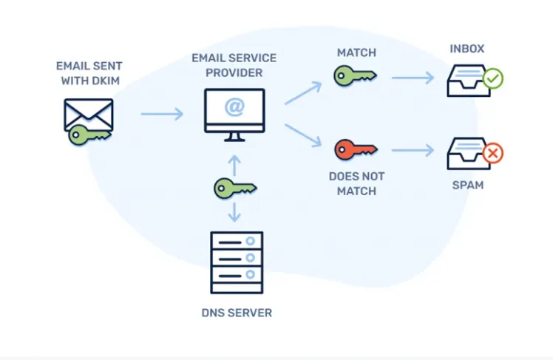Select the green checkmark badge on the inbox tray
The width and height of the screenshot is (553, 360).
click(x=492, y=78)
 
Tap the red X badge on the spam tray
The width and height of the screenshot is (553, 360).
click(x=492, y=154)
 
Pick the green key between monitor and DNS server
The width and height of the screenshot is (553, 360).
click(x=234, y=188)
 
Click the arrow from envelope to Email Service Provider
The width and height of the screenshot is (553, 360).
click(x=162, y=114)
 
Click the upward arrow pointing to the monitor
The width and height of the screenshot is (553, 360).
click(x=234, y=163)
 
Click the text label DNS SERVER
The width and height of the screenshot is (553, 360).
click(x=237, y=313)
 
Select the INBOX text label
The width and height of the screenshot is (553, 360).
click(x=468, y=49)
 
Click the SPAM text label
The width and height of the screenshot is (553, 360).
click(x=467, y=185)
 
